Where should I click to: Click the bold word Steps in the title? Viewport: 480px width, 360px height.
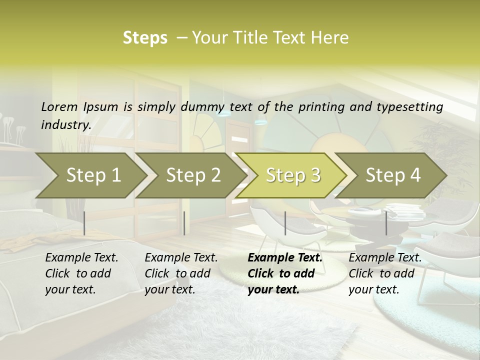[x=145, y=38]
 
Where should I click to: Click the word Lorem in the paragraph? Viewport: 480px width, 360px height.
[x=59, y=106]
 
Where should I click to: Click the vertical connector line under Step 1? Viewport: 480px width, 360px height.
[x=84, y=223]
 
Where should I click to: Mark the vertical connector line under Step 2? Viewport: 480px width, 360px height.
[x=184, y=223]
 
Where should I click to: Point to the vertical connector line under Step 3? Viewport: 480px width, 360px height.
[x=285, y=223]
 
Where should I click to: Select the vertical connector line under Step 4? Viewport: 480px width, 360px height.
[x=386, y=223]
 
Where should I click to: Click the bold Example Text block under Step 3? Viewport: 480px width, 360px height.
[x=285, y=273]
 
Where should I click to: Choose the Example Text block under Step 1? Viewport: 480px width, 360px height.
[x=81, y=273]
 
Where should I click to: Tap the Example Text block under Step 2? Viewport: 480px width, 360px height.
[x=181, y=273]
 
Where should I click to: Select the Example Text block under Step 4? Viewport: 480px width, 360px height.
[x=385, y=273]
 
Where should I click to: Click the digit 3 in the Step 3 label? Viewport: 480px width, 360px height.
[x=315, y=175]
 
